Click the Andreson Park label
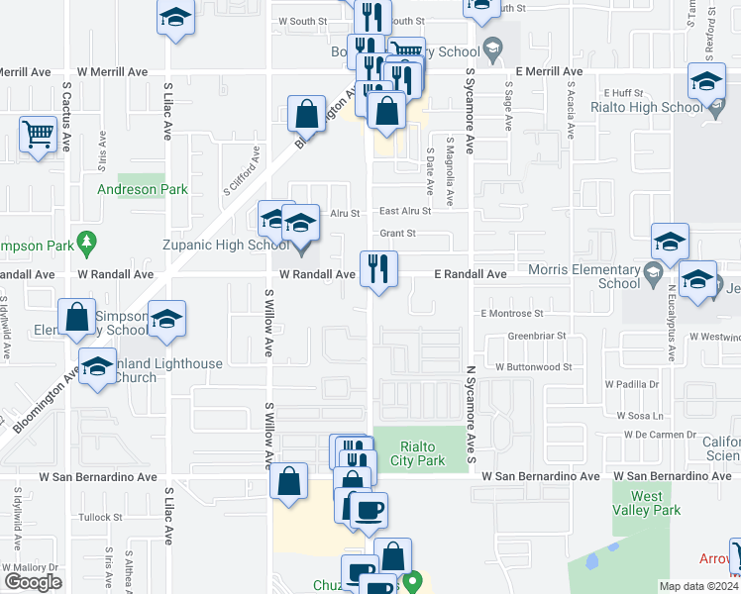pyautogui.click(x=142, y=189)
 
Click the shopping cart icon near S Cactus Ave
pyautogui.click(x=38, y=134)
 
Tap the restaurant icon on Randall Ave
pyautogui.click(x=377, y=268)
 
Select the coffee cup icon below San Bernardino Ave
pyautogui.click(x=369, y=509)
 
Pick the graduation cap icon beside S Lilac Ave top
pyautogui.click(x=176, y=18)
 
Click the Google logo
pyautogui.click(x=33, y=582)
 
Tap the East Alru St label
pyautogui.click(x=404, y=211)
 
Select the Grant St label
pyautogui.click(x=396, y=234)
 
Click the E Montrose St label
pyautogui.click(x=512, y=313)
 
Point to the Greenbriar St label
pyautogui.click(x=536, y=336)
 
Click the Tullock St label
pyautogui.click(x=101, y=517)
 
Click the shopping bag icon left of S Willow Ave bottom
pyautogui.click(x=287, y=482)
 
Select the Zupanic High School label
pyautogui.click(x=226, y=245)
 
